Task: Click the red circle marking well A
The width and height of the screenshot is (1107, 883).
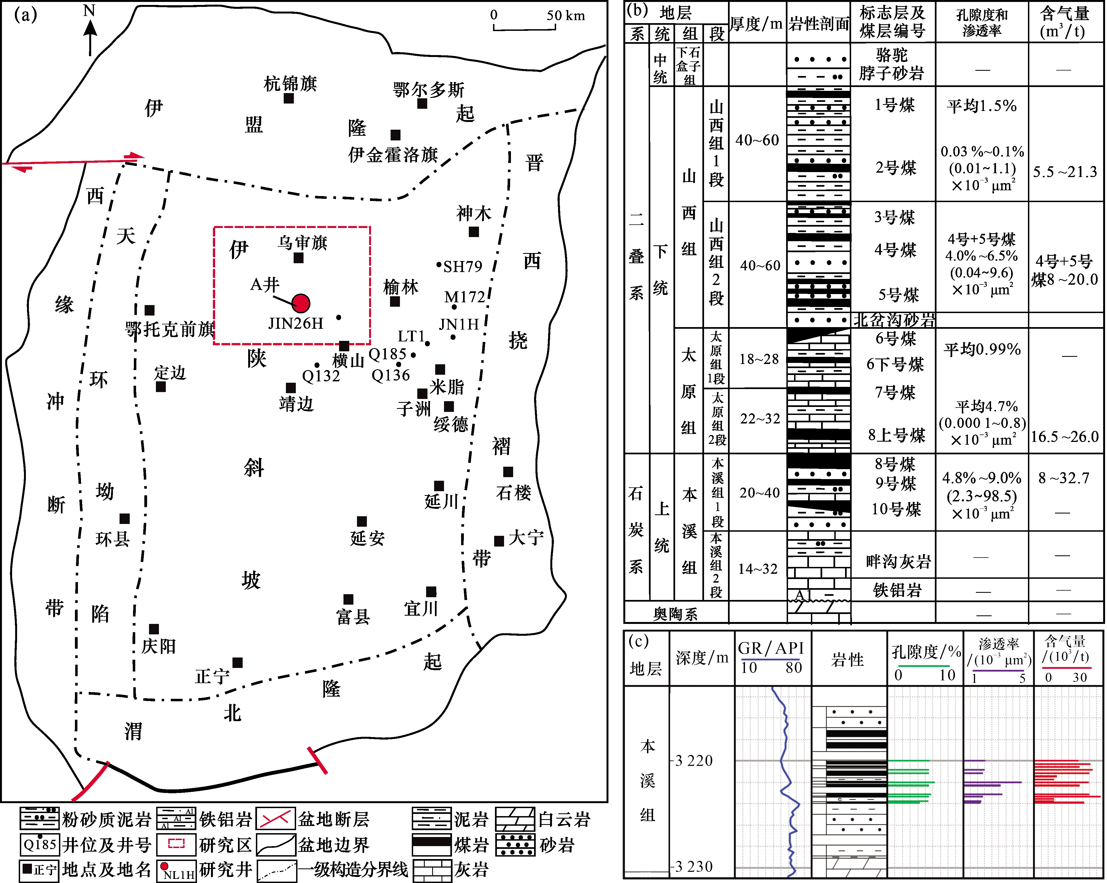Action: [x=301, y=303]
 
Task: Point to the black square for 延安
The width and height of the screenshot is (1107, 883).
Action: [x=362, y=521]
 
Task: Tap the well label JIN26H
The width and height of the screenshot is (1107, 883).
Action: [x=296, y=324]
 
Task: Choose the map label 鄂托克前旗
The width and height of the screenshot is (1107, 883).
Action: [x=169, y=329]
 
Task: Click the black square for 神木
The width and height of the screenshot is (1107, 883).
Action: [x=474, y=232]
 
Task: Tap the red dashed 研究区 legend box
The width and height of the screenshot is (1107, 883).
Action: [x=176, y=844]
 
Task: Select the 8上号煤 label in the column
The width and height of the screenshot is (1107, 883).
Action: [x=897, y=435]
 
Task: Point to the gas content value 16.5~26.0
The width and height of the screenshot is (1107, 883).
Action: [x=1064, y=437]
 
